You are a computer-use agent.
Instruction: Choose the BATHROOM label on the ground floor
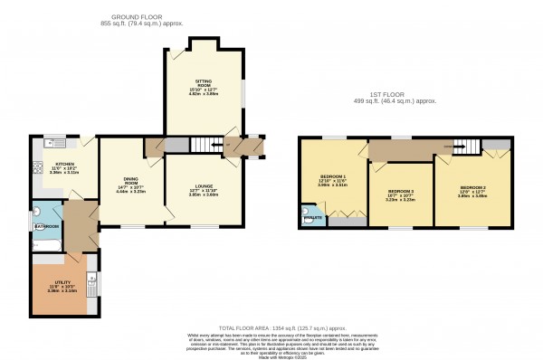tap(48, 226)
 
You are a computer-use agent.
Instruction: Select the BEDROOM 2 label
tap(470, 186)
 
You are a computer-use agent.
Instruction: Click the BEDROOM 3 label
tap(401, 192)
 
